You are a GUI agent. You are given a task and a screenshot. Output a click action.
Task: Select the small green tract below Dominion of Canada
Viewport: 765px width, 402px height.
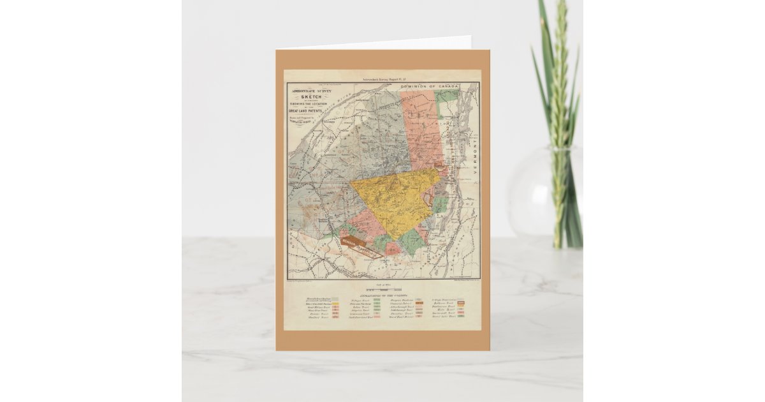pos(447,96)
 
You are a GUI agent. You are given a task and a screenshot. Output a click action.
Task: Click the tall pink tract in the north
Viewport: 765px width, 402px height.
pos(421,128)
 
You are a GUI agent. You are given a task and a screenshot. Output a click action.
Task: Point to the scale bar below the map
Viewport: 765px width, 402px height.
pos(382,290)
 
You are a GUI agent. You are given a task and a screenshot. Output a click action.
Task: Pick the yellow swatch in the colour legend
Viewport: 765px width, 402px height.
pos(335,304)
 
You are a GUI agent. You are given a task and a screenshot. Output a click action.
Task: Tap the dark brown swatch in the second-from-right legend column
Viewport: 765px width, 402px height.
pos(419,303)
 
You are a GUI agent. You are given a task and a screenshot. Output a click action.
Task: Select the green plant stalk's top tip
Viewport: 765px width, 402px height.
pos(562,5)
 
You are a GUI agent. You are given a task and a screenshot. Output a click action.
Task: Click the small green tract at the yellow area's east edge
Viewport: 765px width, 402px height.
pos(441,205)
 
